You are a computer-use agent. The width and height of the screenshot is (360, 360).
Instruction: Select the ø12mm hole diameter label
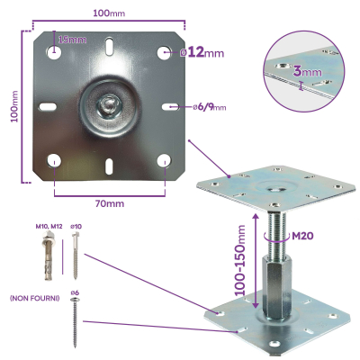[203, 53]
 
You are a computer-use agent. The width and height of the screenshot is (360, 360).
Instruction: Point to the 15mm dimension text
[72, 40]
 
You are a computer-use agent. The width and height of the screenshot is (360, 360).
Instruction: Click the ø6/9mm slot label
[210, 108]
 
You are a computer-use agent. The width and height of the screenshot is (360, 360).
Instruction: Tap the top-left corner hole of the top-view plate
[55, 51]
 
